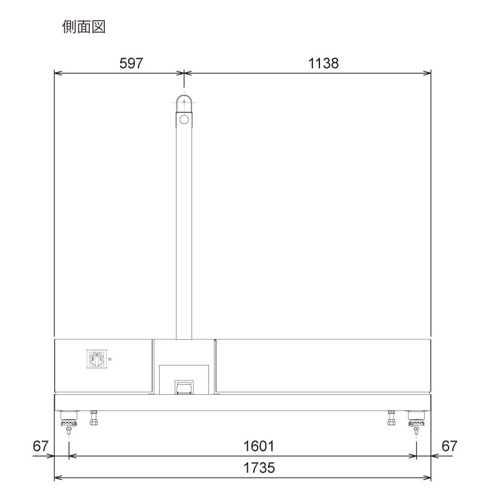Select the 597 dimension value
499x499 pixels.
[x=131, y=63]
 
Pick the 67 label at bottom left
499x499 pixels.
[x=41, y=447]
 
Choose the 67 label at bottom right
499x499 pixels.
[x=449, y=447]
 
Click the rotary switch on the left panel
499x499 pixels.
[x=97, y=359]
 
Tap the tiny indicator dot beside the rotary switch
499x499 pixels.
[x=110, y=359]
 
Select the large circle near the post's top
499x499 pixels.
[x=183, y=119]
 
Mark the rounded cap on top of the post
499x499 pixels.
[x=183, y=101]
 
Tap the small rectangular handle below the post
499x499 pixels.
[x=183, y=388]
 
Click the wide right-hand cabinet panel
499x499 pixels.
[x=323, y=366]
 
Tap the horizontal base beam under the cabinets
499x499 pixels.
[x=243, y=402]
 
